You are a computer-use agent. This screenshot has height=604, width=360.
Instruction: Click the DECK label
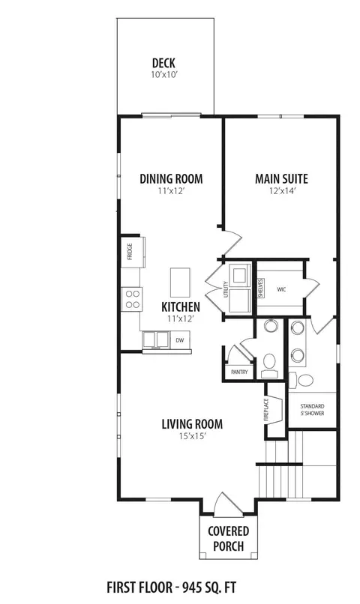point(163,63)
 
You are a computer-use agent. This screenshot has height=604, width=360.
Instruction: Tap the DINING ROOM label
point(171,179)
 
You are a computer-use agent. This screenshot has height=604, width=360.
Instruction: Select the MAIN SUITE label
point(282,179)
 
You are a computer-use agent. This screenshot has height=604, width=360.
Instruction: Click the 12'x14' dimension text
point(282,190)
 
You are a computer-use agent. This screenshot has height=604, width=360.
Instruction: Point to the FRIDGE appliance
point(133,252)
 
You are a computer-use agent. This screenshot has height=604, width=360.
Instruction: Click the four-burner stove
point(132,299)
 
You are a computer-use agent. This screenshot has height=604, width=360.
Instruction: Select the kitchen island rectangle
point(181,283)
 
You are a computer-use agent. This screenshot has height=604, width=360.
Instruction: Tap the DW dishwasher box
point(180,340)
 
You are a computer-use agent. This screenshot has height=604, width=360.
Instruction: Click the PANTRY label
point(239,372)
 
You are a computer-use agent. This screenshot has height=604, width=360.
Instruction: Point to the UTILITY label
point(226,289)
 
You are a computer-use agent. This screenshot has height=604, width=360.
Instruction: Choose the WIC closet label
point(281,289)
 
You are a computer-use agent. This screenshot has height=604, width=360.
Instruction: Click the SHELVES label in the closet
point(260,288)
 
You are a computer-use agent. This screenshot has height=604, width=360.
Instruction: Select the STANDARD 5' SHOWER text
point(312,410)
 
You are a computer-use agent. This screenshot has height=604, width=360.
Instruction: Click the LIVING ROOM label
point(192,424)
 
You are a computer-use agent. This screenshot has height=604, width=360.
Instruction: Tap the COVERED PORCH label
point(229,539)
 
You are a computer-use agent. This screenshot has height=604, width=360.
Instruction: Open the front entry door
point(228,504)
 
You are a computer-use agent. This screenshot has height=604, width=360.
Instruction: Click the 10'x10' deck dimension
point(163,75)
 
